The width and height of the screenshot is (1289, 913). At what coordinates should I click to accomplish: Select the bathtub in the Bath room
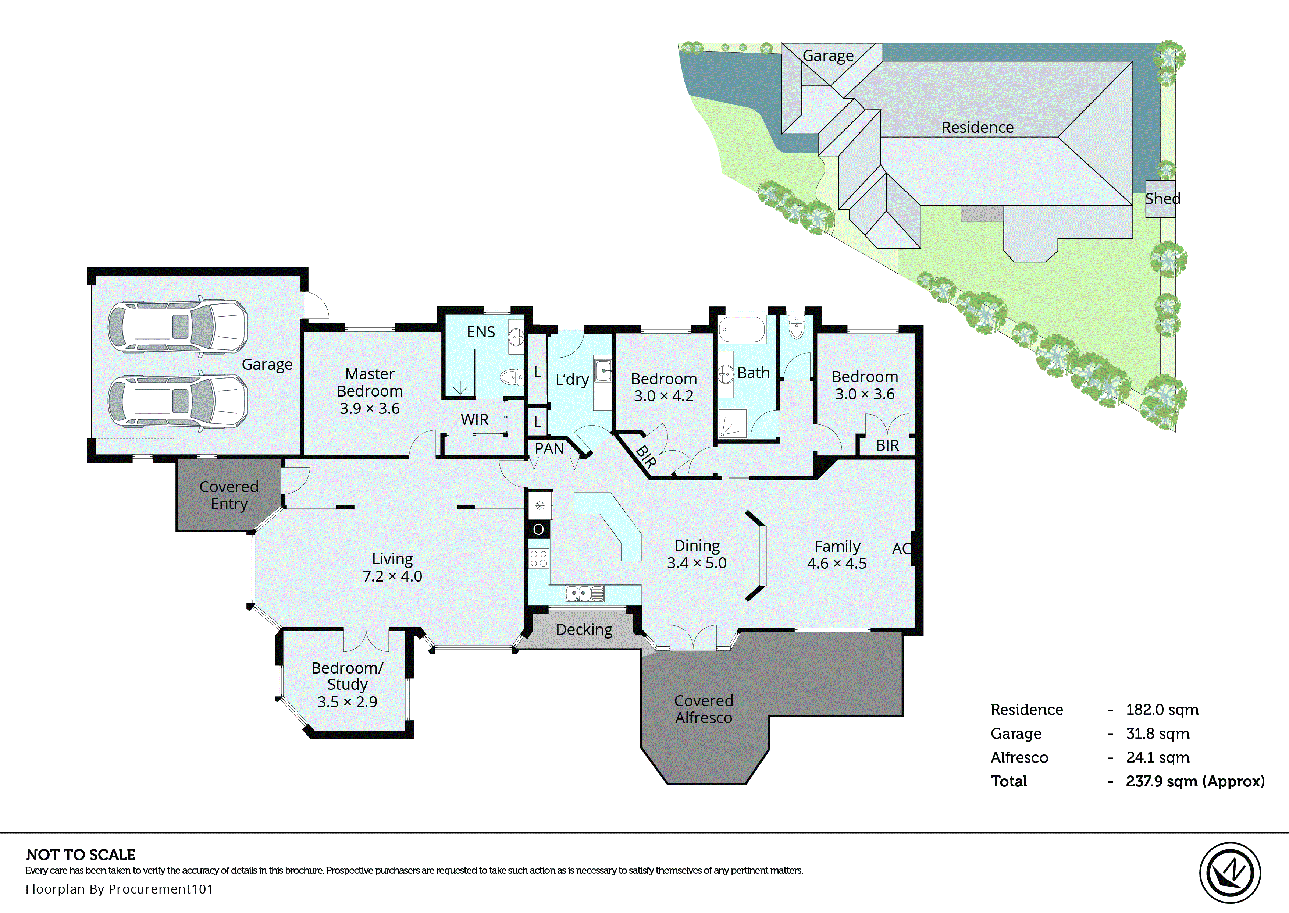742,330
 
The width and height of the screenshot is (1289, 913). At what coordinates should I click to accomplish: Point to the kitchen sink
584,593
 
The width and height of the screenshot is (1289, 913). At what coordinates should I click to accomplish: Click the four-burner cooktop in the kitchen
538,559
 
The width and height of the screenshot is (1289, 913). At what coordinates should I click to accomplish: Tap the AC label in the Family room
901,549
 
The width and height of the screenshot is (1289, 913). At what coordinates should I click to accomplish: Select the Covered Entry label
229,495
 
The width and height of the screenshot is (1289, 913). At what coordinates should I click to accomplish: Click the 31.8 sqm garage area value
1157,733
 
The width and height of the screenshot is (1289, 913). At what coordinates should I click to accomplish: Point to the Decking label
584,630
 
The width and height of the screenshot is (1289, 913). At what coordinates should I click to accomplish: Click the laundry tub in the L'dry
603,371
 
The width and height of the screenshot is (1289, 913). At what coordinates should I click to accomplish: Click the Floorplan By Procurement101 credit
119,889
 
